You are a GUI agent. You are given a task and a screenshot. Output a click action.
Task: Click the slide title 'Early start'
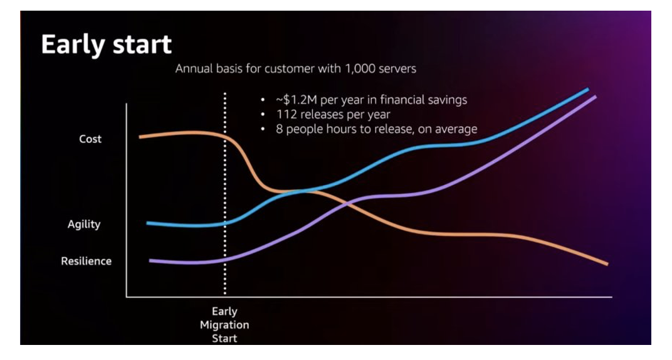tap(106, 45)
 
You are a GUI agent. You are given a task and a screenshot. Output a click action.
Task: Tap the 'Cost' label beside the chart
tap(90, 139)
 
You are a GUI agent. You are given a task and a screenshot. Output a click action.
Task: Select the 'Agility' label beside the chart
tap(84, 224)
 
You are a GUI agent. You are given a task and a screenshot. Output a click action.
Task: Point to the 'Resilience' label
tap(86, 261)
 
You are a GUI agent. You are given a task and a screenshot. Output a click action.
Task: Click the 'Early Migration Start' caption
tap(224, 325)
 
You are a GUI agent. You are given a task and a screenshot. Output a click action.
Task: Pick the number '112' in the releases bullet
tap(286, 115)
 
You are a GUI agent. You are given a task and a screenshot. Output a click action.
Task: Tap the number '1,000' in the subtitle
tap(356, 68)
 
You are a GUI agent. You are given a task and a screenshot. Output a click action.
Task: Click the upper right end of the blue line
tap(587, 89)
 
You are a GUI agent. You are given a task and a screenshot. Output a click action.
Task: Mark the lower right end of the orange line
tap(607, 264)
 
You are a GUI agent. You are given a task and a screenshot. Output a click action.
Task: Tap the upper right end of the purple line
tap(594, 97)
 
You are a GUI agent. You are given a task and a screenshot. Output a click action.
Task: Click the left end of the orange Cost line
tap(140, 136)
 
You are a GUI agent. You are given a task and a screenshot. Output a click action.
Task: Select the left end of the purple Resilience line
tap(150, 260)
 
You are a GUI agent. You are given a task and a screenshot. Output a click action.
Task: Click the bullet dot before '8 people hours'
tap(263, 129)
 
